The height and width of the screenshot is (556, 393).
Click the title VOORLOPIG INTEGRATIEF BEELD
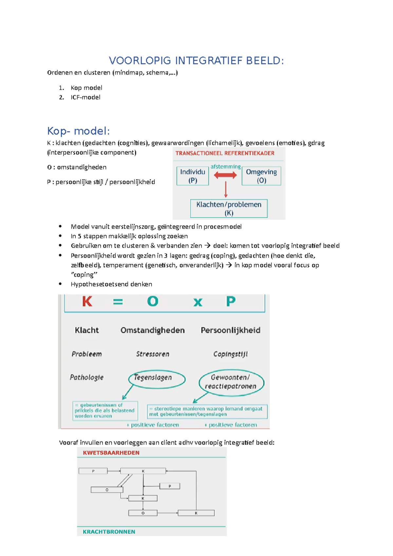(x=196, y=61)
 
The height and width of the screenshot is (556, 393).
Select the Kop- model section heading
(x=78, y=131)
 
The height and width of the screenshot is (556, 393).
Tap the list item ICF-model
(x=85, y=97)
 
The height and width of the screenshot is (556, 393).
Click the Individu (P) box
(x=193, y=176)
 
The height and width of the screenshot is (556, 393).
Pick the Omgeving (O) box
(x=261, y=176)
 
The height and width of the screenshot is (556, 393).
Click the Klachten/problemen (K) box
(x=229, y=208)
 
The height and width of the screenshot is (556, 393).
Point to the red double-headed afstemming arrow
(x=225, y=175)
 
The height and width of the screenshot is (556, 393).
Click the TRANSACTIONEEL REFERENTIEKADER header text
(x=225, y=153)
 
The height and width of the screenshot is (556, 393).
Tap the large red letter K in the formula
(x=87, y=301)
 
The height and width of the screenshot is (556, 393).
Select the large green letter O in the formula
(x=153, y=301)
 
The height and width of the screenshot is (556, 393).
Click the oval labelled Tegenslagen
(x=157, y=379)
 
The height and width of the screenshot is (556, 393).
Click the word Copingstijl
(x=230, y=354)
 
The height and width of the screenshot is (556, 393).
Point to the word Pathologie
(x=86, y=377)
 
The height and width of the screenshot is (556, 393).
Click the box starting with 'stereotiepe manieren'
(x=207, y=411)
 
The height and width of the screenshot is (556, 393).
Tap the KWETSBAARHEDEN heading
(x=111, y=453)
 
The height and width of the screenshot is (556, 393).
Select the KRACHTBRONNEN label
(x=109, y=531)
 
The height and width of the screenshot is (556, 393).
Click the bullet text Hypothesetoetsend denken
(x=111, y=284)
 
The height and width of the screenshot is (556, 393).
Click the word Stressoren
(x=153, y=354)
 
